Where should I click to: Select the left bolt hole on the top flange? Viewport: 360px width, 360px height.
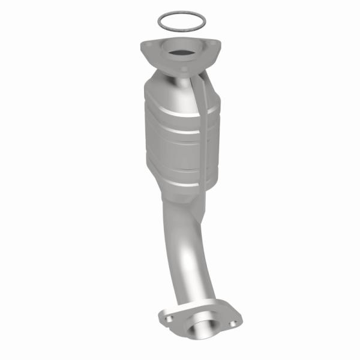tap(147, 46)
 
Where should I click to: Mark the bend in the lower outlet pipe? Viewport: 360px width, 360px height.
tap(192, 240)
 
